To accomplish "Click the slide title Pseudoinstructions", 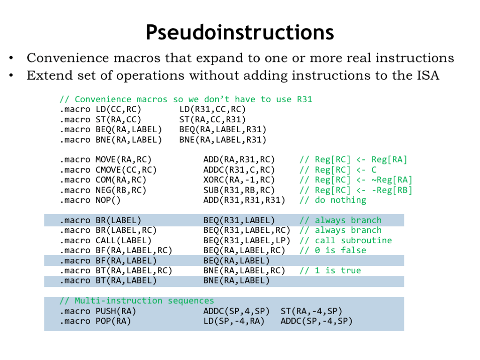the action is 240,33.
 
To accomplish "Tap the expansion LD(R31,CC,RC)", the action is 212,109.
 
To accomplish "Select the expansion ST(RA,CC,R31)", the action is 212,120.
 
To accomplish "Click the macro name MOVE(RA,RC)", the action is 123,160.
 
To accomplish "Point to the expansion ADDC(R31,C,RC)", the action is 239,170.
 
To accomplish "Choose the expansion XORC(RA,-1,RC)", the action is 239,180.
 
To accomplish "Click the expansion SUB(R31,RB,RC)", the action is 239,190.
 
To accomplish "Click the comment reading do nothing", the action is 340,200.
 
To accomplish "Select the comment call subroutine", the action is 353,240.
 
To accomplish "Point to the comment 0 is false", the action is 340,250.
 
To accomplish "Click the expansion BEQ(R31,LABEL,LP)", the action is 247,240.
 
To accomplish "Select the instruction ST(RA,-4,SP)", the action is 311,311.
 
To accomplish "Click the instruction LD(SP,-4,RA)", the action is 234,321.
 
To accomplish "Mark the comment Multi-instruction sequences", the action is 144,301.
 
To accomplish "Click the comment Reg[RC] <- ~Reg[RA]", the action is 363,180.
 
